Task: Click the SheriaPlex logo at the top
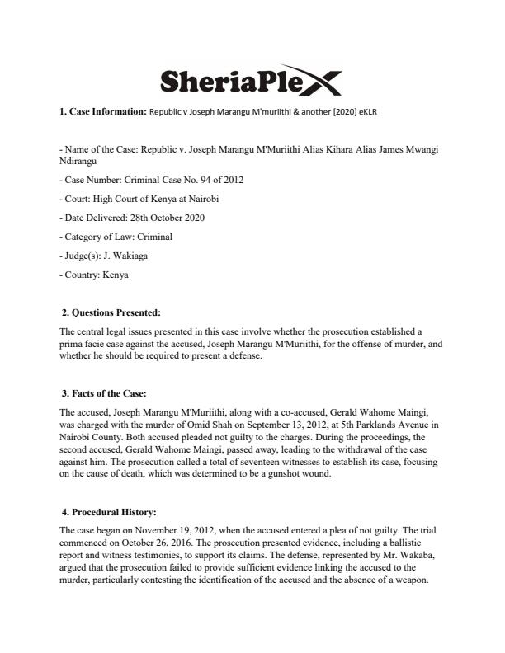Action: click(248, 80)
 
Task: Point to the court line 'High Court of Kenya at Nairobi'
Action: click(157, 199)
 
